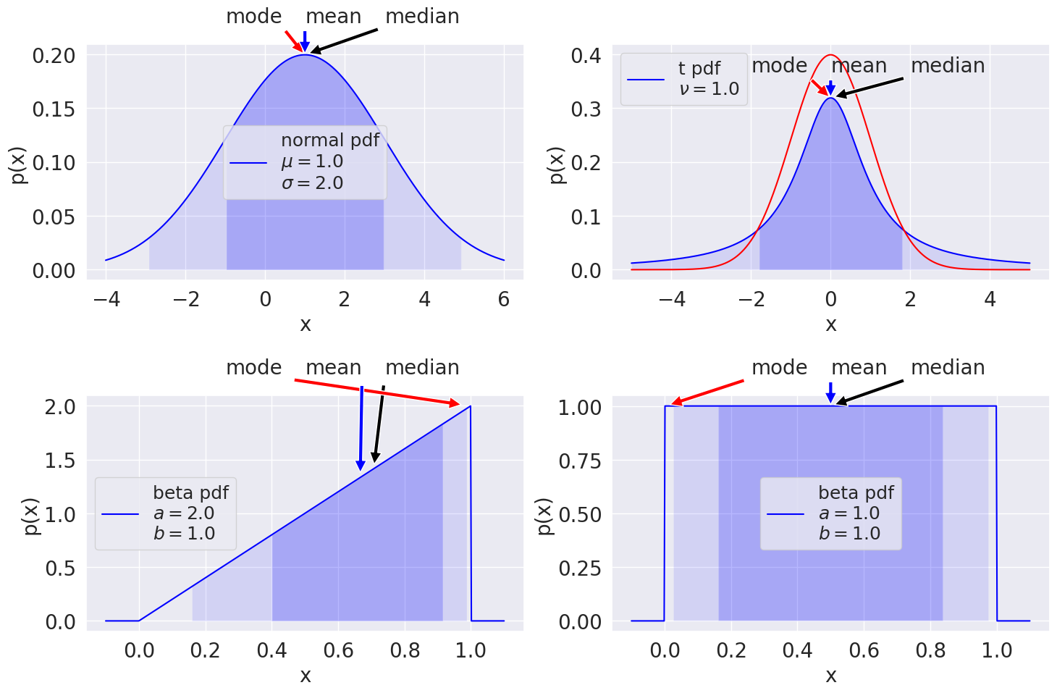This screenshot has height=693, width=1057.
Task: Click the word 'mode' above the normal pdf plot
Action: pyautogui.click(x=254, y=17)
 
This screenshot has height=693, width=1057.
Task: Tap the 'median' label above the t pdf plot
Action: pyautogui.click(x=948, y=66)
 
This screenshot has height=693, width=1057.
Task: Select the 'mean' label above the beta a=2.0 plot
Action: pyautogui.click(x=334, y=368)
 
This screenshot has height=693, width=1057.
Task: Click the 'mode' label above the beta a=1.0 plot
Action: pyautogui.click(x=779, y=368)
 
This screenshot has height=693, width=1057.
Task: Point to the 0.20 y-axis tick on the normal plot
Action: pyautogui.click(x=54, y=56)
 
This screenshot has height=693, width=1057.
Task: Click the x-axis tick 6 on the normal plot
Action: pyautogui.click(x=504, y=299)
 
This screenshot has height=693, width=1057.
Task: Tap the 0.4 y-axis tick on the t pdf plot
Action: pyautogui.click(x=586, y=56)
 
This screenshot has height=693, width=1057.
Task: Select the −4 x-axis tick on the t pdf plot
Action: pyautogui.click(x=672, y=299)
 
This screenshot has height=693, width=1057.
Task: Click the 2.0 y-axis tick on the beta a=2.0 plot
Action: pyautogui.click(x=60, y=407)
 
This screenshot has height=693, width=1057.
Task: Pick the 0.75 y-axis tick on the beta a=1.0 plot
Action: pyautogui.click(x=580, y=461)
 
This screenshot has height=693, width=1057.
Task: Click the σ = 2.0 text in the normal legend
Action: pyautogui.click(x=312, y=183)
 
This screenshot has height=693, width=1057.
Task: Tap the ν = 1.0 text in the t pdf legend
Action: pyautogui.click(x=709, y=89)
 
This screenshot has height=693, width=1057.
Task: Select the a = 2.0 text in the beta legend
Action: pyautogui.click(x=184, y=513)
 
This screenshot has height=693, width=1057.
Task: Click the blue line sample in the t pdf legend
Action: pyautogui.click(x=646, y=80)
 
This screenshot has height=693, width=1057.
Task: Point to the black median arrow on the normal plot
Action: pyautogui.click(x=344, y=41)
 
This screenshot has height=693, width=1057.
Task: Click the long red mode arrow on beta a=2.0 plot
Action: pyautogui.click(x=377, y=392)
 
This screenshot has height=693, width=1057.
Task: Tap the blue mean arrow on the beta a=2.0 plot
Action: pyautogui.click(x=361, y=428)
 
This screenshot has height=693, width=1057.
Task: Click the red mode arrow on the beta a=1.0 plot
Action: pyautogui.click(x=707, y=392)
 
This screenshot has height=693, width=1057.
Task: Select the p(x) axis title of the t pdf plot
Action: pyautogui.click(x=557, y=165)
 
